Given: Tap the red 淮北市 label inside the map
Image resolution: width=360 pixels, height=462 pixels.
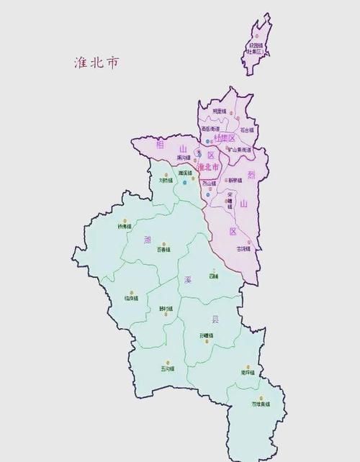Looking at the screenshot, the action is (x=207, y=167).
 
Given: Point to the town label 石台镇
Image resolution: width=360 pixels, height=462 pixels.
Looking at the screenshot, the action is (x=247, y=130).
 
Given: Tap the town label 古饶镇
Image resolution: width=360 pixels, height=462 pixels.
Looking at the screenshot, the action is (x=243, y=249).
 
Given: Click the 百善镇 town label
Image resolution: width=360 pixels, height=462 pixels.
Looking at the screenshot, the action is (x=163, y=250).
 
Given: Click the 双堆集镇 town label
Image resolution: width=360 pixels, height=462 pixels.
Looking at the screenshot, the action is (x=261, y=404).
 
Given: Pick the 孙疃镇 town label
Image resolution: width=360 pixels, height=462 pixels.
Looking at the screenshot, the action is (x=207, y=335).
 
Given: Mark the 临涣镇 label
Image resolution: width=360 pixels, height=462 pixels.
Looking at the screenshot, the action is (x=132, y=297).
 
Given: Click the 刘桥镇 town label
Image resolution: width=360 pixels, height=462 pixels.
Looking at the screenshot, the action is (x=166, y=181).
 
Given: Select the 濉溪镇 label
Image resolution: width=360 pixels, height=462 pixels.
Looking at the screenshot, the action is (x=185, y=173).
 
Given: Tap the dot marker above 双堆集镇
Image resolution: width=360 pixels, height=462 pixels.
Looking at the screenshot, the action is (x=261, y=397).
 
